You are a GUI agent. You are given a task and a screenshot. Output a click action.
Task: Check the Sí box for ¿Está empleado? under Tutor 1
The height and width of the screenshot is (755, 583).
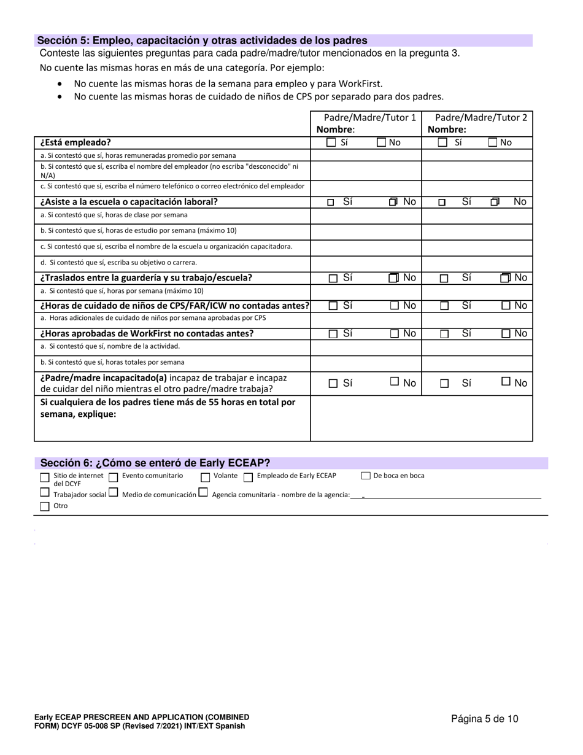[331, 142]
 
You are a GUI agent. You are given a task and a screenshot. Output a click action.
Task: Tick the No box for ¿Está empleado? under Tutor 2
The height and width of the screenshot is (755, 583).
[493, 142]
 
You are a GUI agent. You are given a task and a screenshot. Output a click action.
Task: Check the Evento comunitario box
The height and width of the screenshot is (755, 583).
[113, 477]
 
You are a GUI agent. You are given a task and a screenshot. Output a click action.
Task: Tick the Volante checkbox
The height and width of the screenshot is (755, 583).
[206, 477]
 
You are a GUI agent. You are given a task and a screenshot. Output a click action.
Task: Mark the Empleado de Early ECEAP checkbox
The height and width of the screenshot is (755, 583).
[248, 477]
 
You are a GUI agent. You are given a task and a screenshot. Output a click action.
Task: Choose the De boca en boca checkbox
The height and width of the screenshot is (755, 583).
[366, 476]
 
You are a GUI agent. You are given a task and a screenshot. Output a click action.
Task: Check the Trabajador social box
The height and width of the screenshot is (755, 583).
[44, 492]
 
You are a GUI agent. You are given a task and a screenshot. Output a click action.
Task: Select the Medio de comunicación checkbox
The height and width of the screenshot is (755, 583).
[113, 492]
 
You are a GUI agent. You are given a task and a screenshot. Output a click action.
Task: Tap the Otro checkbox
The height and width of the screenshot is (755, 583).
[44, 506]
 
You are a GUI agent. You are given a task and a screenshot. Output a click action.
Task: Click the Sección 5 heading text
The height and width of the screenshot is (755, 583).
[203, 41]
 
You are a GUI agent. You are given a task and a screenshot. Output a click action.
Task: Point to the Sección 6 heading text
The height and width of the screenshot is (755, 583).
[155, 463]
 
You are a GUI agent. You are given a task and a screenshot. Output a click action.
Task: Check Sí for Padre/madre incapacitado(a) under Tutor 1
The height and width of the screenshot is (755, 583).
[333, 384]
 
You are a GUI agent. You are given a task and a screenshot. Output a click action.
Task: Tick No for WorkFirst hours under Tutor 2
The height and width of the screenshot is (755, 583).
[506, 334]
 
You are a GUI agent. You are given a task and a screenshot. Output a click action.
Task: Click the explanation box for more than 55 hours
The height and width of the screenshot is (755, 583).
[421, 418]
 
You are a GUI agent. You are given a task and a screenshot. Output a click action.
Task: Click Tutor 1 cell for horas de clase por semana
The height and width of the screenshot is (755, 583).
[366, 215]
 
